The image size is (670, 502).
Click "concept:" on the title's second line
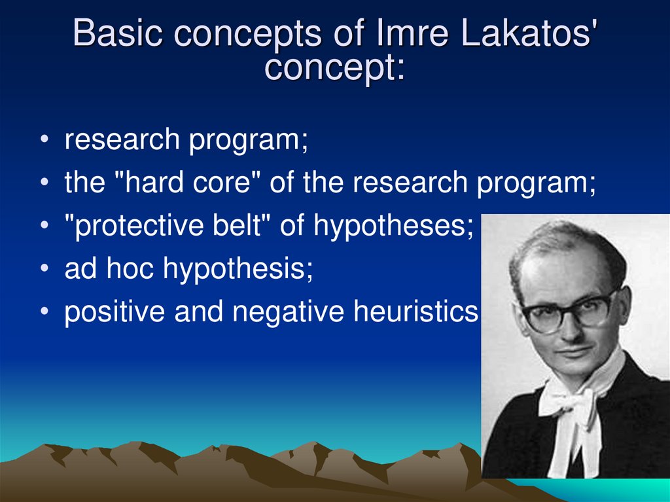[x=334, y=67]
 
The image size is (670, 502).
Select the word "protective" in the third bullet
[x=143, y=226]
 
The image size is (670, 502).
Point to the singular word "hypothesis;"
[x=238, y=270]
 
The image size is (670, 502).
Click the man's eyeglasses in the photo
[x=569, y=312]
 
